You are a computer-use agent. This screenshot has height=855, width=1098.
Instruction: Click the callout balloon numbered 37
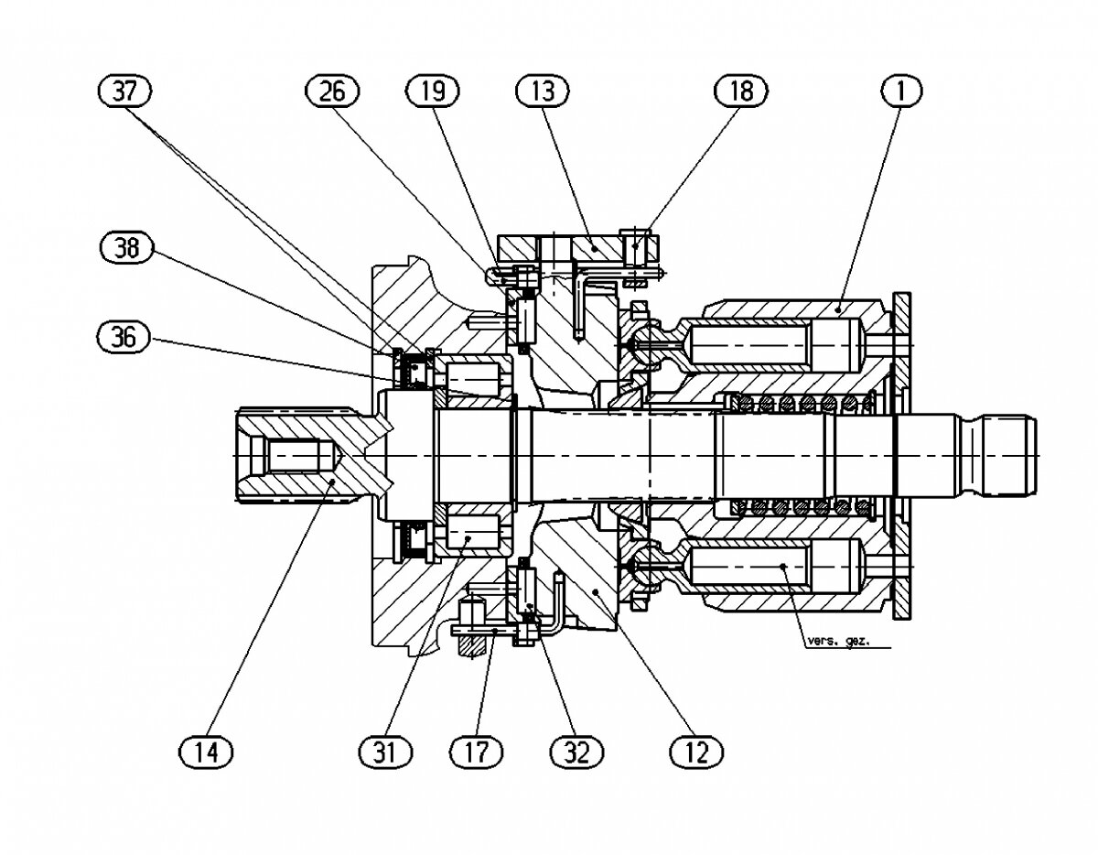pos(124,92)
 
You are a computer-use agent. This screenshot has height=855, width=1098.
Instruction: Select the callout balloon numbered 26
pos(332,92)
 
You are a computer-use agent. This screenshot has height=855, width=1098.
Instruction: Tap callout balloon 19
pos(433,92)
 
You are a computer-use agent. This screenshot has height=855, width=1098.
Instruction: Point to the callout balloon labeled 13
pos(543,92)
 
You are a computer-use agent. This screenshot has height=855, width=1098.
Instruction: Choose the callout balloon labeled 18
pos(741,92)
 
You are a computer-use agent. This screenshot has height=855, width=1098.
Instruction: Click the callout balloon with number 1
pos(901,92)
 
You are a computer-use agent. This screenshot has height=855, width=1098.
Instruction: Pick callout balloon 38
pos(126,247)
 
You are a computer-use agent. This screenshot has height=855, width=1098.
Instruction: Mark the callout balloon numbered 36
pos(124,337)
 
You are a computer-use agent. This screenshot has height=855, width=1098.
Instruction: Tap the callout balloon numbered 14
pos(206,752)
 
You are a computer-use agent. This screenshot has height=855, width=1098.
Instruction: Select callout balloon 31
pos(385,752)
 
